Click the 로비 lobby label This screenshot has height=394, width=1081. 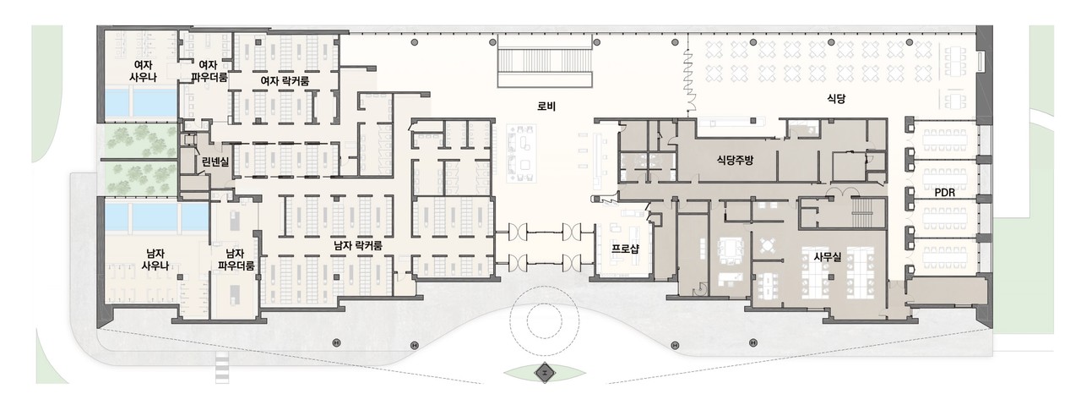tap(546, 107)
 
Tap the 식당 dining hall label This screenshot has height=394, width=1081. tap(836, 99)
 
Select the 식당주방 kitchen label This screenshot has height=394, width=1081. tap(735, 160)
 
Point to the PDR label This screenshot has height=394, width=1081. tap(944, 193)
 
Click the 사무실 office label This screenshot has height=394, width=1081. tap(828, 256)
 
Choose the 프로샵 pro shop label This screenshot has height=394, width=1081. tap(626, 249)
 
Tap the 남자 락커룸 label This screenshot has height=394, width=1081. tap(359, 246)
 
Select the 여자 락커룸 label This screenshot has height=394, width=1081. tap(285, 81)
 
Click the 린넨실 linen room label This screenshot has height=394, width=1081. tap(215, 161)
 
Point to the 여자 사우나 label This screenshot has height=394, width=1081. tap(143, 70)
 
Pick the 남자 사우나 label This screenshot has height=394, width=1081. tap(155, 260)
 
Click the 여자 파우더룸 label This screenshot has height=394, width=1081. tap(209, 70)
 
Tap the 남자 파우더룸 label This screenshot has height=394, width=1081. tap(236, 260)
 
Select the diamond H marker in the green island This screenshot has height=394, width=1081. tap(545, 373)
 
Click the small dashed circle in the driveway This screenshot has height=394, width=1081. tap(545, 320)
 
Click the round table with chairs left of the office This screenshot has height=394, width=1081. tap(767, 245)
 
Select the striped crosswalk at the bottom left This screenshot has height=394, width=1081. tap(221, 368)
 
